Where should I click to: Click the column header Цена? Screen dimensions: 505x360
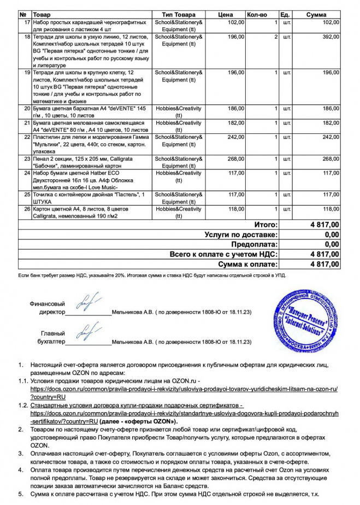(225, 14)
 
